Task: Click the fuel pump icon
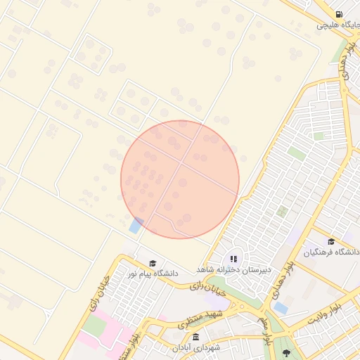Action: click(340, 14)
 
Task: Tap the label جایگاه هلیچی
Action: click(337, 25)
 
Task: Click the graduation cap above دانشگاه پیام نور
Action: click(153, 262)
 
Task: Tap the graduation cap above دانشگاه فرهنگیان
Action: click(331, 241)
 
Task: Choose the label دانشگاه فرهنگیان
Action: click(332, 252)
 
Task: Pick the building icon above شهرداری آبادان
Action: click(186, 337)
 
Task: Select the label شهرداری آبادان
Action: click(191, 348)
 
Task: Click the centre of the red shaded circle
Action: click(180, 179)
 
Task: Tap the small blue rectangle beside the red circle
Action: click(136, 226)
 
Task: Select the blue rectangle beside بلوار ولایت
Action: click(281, 308)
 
